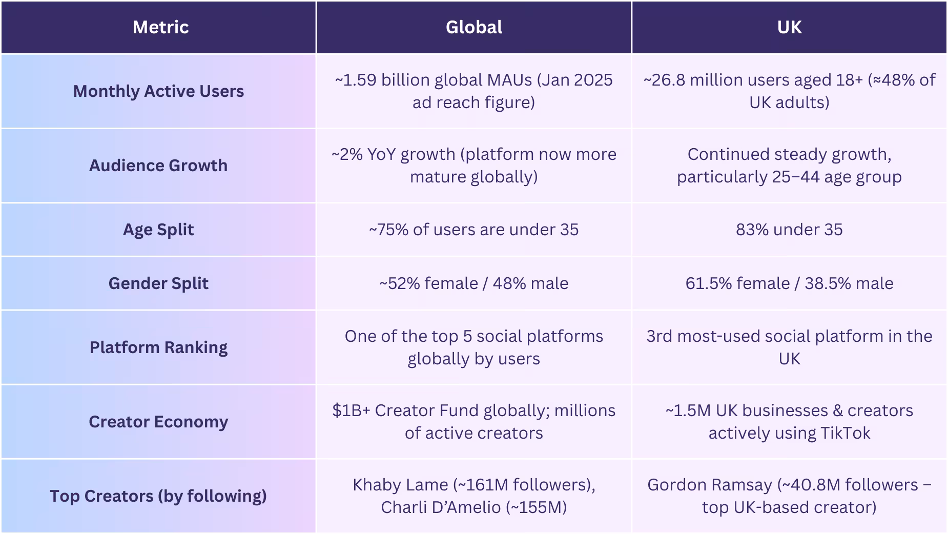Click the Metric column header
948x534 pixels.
[160, 27]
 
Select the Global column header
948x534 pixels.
[473, 27]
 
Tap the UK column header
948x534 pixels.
[789, 27]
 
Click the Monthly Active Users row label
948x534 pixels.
[158, 91]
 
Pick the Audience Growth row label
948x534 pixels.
[158, 166]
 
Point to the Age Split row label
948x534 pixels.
[158, 230]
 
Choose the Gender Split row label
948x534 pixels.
[158, 283]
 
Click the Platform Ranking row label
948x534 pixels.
[158, 347]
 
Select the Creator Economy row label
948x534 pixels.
[158, 422]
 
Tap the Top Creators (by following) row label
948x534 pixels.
[158, 496]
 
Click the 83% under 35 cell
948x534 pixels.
[789, 230]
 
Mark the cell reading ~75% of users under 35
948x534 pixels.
[473, 230]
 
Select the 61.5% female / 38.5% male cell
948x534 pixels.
[789, 283]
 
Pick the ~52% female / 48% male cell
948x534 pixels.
[473, 283]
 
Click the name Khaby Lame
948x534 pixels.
[400, 485]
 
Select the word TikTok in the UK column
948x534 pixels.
[845, 433]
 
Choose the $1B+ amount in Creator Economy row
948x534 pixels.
[351, 410]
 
